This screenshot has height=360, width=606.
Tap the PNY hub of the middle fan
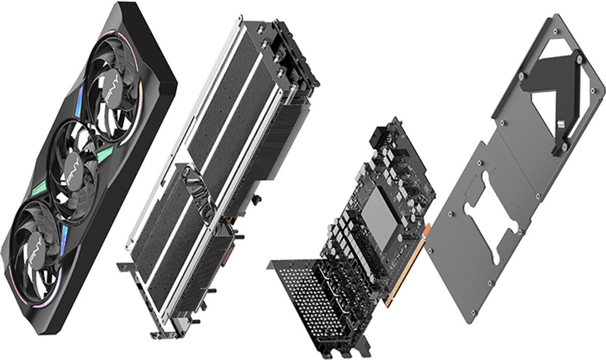pyautogui.click(x=71, y=174)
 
